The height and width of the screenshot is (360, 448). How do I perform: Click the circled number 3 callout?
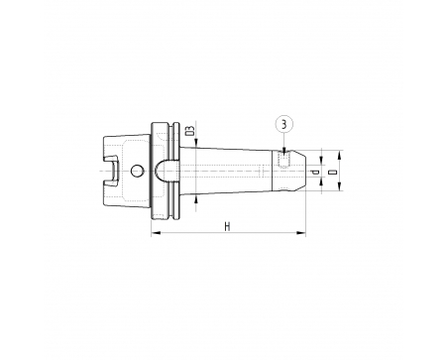[x=283, y=124]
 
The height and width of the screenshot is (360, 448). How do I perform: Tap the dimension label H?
[x=227, y=227]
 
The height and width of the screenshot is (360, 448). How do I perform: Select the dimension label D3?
[x=190, y=131]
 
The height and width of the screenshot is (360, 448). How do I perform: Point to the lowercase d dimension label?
[x=316, y=173]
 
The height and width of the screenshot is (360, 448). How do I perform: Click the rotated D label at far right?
[x=333, y=172]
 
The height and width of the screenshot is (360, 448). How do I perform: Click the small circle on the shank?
[x=137, y=171]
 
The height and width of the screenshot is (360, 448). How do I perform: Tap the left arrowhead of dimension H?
[x=156, y=233]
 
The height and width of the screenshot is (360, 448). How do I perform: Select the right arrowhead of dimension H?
[x=301, y=233]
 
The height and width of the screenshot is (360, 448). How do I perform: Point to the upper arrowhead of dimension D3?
[x=196, y=142]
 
